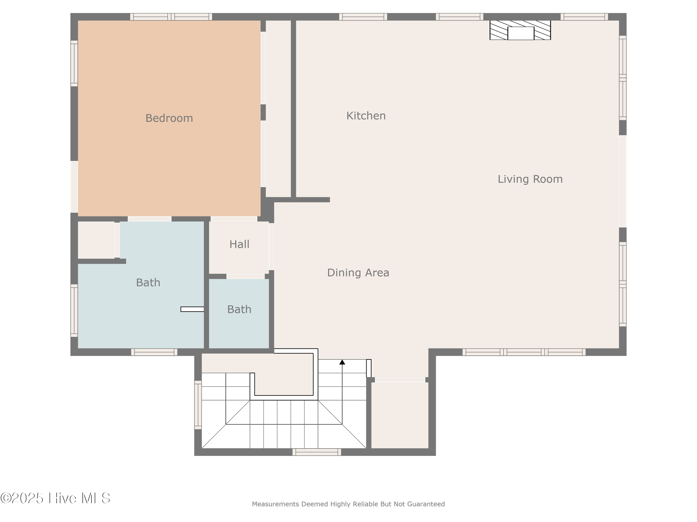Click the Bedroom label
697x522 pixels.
pyautogui.click(x=169, y=118)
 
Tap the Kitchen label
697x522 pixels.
pyautogui.click(x=366, y=116)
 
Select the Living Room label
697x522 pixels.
pyautogui.click(x=530, y=179)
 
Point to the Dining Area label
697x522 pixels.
pyautogui.click(x=358, y=273)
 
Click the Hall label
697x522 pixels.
pyautogui.click(x=239, y=244)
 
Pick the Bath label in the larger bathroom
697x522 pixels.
pyautogui.click(x=148, y=283)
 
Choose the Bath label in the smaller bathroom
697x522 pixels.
pyautogui.click(x=239, y=309)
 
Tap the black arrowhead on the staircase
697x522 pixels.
pyautogui.click(x=342, y=362)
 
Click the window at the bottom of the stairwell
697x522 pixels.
pyautogui.click(x=317, y=452)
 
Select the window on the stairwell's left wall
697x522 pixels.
pyautogui.click(x=198, y=405)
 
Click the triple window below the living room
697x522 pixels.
pyautogui.click(x=524, y=352)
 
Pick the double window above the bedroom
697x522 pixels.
pyautogui.click(x=171, y=17)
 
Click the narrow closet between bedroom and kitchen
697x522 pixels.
pyautogui.click(x=278, y=109)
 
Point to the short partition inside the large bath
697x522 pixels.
pyautogui.click(x=192, y=309)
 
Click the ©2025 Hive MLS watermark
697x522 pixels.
pyautogui.click(x=55, y=498)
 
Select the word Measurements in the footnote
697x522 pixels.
pyautogui.click(x=275, y=504)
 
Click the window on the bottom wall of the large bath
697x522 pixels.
pyautogui.click(x=154, y=352)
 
